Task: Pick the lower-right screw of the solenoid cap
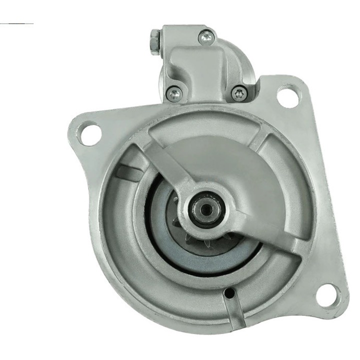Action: (239, 92)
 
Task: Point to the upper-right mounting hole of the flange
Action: (288, 96)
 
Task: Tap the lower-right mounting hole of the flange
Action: (327, 295)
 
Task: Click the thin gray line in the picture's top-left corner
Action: (17, 23)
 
